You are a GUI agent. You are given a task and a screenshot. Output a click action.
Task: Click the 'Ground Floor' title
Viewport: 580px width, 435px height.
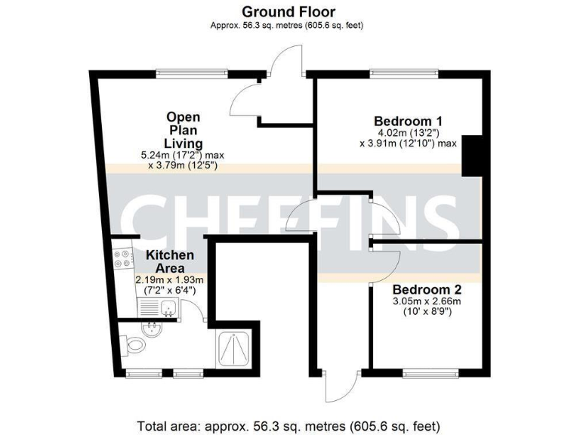click(288, 11)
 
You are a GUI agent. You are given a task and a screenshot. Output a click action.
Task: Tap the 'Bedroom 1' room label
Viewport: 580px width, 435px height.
click(408, 121)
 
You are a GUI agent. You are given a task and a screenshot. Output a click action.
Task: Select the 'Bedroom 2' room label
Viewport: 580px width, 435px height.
click(427, 289)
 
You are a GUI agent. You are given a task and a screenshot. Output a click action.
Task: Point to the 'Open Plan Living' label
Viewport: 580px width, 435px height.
click(184, 130)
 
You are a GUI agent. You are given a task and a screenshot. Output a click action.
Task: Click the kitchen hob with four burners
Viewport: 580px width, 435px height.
click(121, 261)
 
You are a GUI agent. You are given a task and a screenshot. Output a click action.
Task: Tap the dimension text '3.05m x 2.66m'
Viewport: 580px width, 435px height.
click(426, 301)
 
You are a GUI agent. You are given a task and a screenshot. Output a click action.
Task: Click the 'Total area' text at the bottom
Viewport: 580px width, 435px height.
click(288, 424)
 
